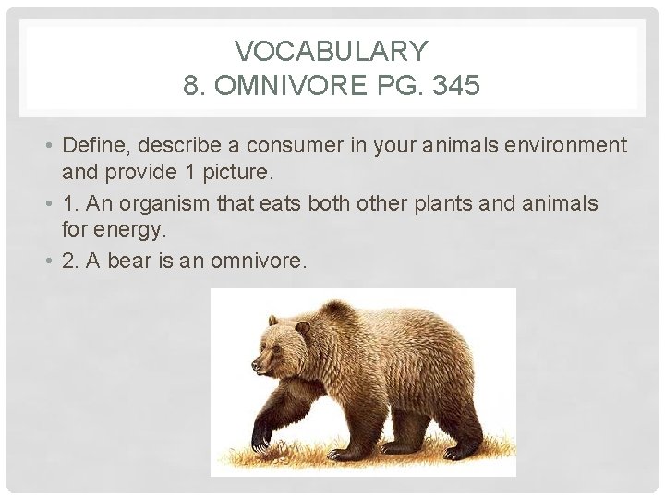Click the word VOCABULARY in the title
[x=332, y=50]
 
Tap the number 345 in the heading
[x=454, y=87]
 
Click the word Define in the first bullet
[x=90, y=146]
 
